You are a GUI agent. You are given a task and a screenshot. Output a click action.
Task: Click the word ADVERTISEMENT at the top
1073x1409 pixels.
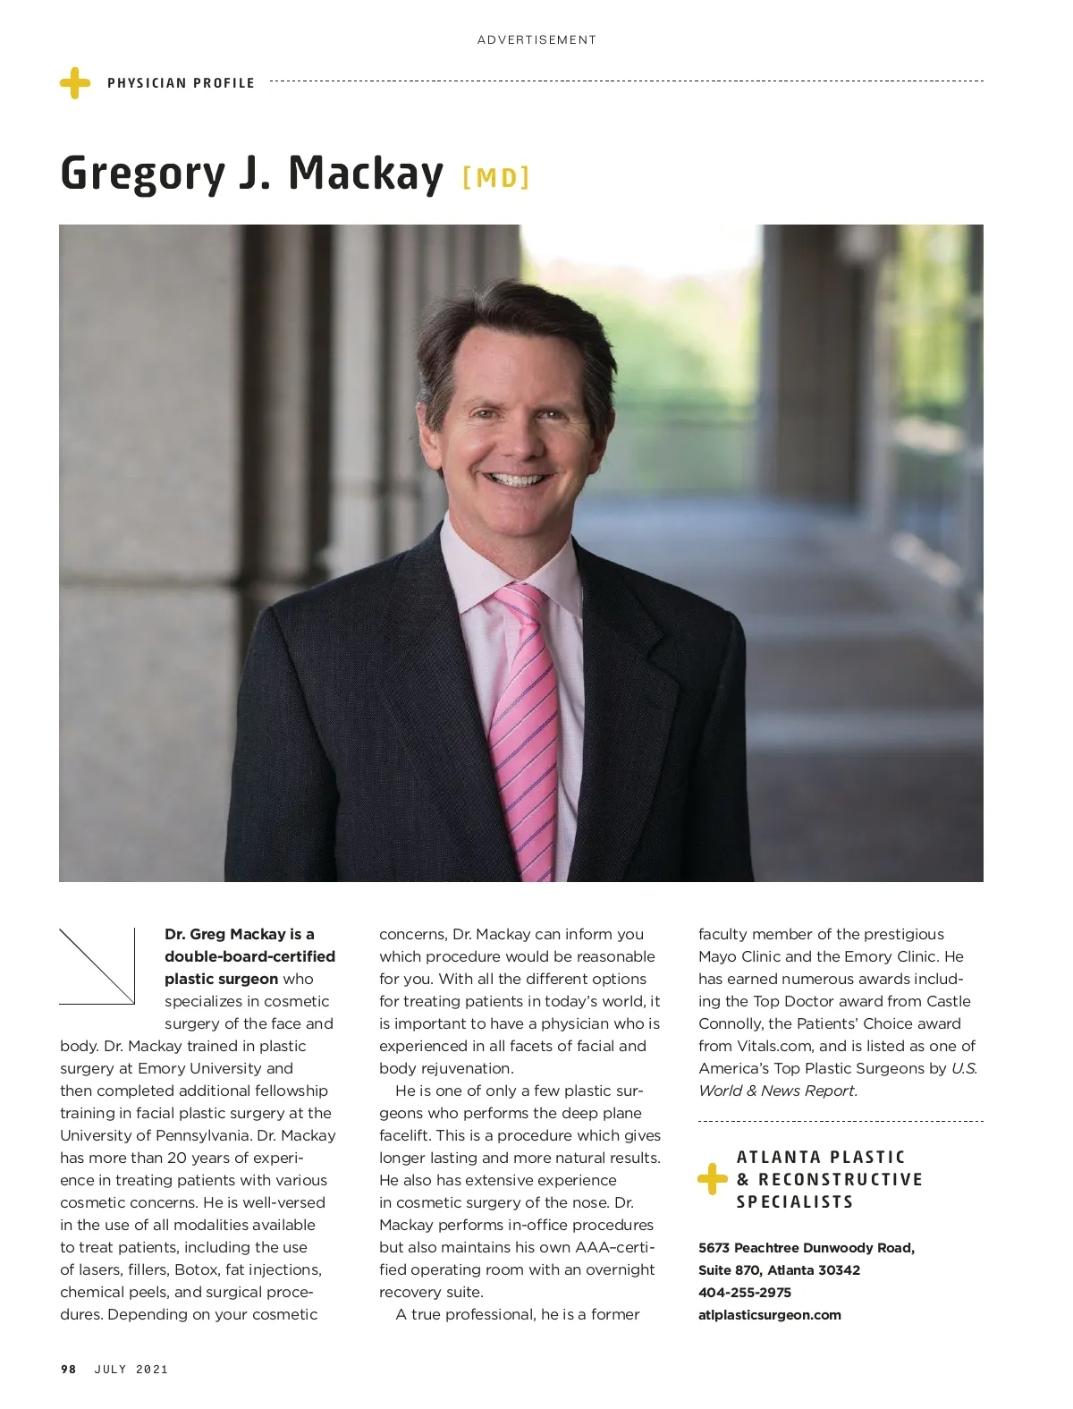[x=536, y=39]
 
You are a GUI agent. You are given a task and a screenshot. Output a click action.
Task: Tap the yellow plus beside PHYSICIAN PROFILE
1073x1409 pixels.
[x=75, y=83]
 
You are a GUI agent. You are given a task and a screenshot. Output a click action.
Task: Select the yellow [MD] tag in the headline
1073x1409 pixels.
[x=496, y=177]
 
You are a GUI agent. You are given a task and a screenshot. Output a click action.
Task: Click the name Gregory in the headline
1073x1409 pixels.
[x=142, y=173]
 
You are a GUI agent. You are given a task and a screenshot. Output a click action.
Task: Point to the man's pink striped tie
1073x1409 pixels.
[x=526, y=716]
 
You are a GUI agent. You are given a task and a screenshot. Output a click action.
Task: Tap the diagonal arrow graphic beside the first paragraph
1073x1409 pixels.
[x=97, y=966]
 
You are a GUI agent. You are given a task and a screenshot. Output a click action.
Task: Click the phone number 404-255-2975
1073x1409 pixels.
[x=745, y=1292]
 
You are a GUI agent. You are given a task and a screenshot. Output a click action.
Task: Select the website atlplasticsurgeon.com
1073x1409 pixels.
[x=770, y=1314]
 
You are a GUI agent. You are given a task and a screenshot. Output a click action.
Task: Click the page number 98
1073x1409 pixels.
[x=69, y=1369]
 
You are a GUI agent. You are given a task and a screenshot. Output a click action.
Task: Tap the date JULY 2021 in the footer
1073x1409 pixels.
[x=131, y=1369]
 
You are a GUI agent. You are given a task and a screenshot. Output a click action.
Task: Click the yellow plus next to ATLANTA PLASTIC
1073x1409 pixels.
[x=712, y=1179]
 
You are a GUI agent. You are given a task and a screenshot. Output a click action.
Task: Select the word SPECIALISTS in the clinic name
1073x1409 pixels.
[x=795, y=1201]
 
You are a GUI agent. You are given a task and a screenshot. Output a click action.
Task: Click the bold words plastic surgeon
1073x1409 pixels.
[x=221, y=979]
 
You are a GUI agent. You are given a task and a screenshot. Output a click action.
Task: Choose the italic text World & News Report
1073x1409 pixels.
[x=778, y=1091]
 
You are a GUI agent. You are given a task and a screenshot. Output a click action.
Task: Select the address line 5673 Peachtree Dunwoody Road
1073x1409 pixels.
[x=806, y=1247]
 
